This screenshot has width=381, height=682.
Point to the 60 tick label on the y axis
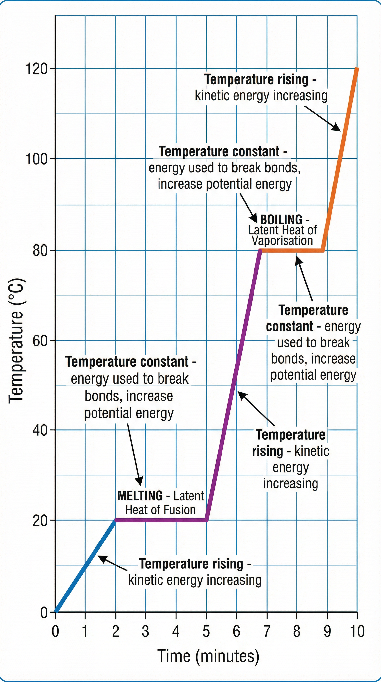[x=40, y=341]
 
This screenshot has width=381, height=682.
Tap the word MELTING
[x=140, y=496]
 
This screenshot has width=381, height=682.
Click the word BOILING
[x=281, y=220]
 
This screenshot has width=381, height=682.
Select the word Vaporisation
[x=282, y=241]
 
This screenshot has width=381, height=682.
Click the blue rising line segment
[x=85, y=567]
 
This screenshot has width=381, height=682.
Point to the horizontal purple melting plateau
[x=160, y=520]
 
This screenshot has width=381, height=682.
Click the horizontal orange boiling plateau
[x=291, y=251]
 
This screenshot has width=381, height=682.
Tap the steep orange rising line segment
[x=341, y=159]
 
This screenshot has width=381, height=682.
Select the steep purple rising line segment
[x=233, y=384]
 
